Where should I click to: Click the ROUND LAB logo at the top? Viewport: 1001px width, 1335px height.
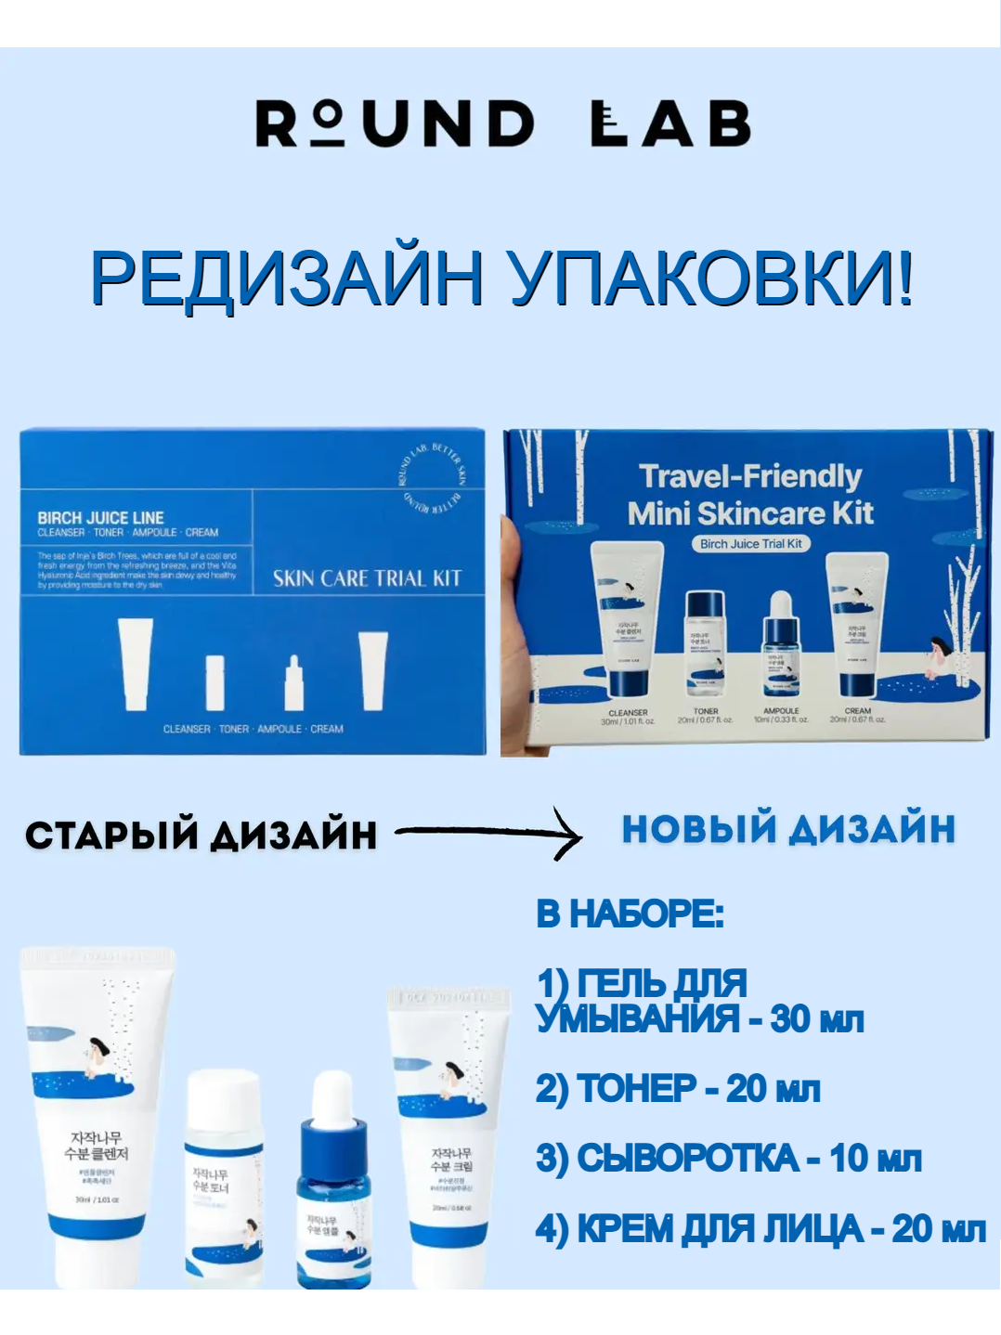pos(502,123)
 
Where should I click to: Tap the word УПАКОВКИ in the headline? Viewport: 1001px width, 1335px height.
pos(710,278)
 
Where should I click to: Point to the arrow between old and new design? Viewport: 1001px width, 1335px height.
pos(489,832)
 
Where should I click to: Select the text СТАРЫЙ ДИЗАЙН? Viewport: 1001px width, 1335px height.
pos(201,835)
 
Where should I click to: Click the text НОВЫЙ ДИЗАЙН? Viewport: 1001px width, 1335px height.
pos(788,829)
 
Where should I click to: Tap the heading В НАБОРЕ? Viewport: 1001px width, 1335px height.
pos(630,914)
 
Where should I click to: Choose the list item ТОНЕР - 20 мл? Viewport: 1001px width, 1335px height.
pos(678,1088)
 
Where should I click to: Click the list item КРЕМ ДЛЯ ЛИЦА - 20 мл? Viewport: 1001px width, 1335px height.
pos(760,1229)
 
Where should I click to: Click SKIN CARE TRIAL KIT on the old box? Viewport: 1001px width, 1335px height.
pos(367,578)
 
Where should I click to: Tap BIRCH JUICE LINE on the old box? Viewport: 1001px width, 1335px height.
pos(100,517)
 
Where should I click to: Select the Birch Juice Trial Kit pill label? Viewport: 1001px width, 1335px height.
pos(750,544)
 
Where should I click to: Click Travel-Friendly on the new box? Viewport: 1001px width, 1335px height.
pos(750,476)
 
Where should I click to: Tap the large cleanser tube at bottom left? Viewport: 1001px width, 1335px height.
pos(97,1114)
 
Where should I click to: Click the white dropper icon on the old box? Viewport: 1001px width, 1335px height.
pos(293,683)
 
